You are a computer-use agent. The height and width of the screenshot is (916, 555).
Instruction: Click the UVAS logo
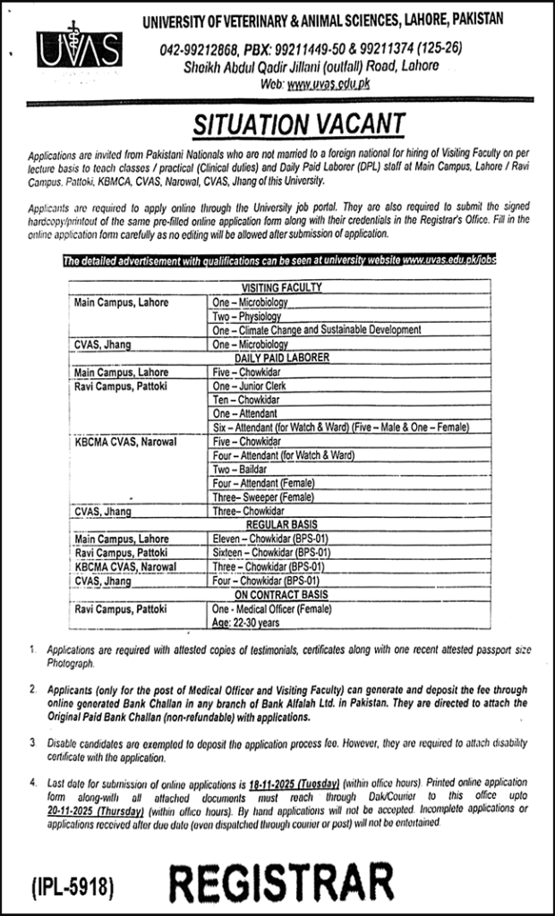[80, 52]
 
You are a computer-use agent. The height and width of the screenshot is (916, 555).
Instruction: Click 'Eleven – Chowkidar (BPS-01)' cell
[269, 539]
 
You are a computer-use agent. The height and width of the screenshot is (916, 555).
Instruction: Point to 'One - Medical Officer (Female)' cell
[272, 609]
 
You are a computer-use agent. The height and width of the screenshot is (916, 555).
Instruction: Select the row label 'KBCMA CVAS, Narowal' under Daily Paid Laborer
[126, 441]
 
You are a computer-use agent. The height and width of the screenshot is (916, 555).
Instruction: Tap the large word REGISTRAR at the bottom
[282, 886]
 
